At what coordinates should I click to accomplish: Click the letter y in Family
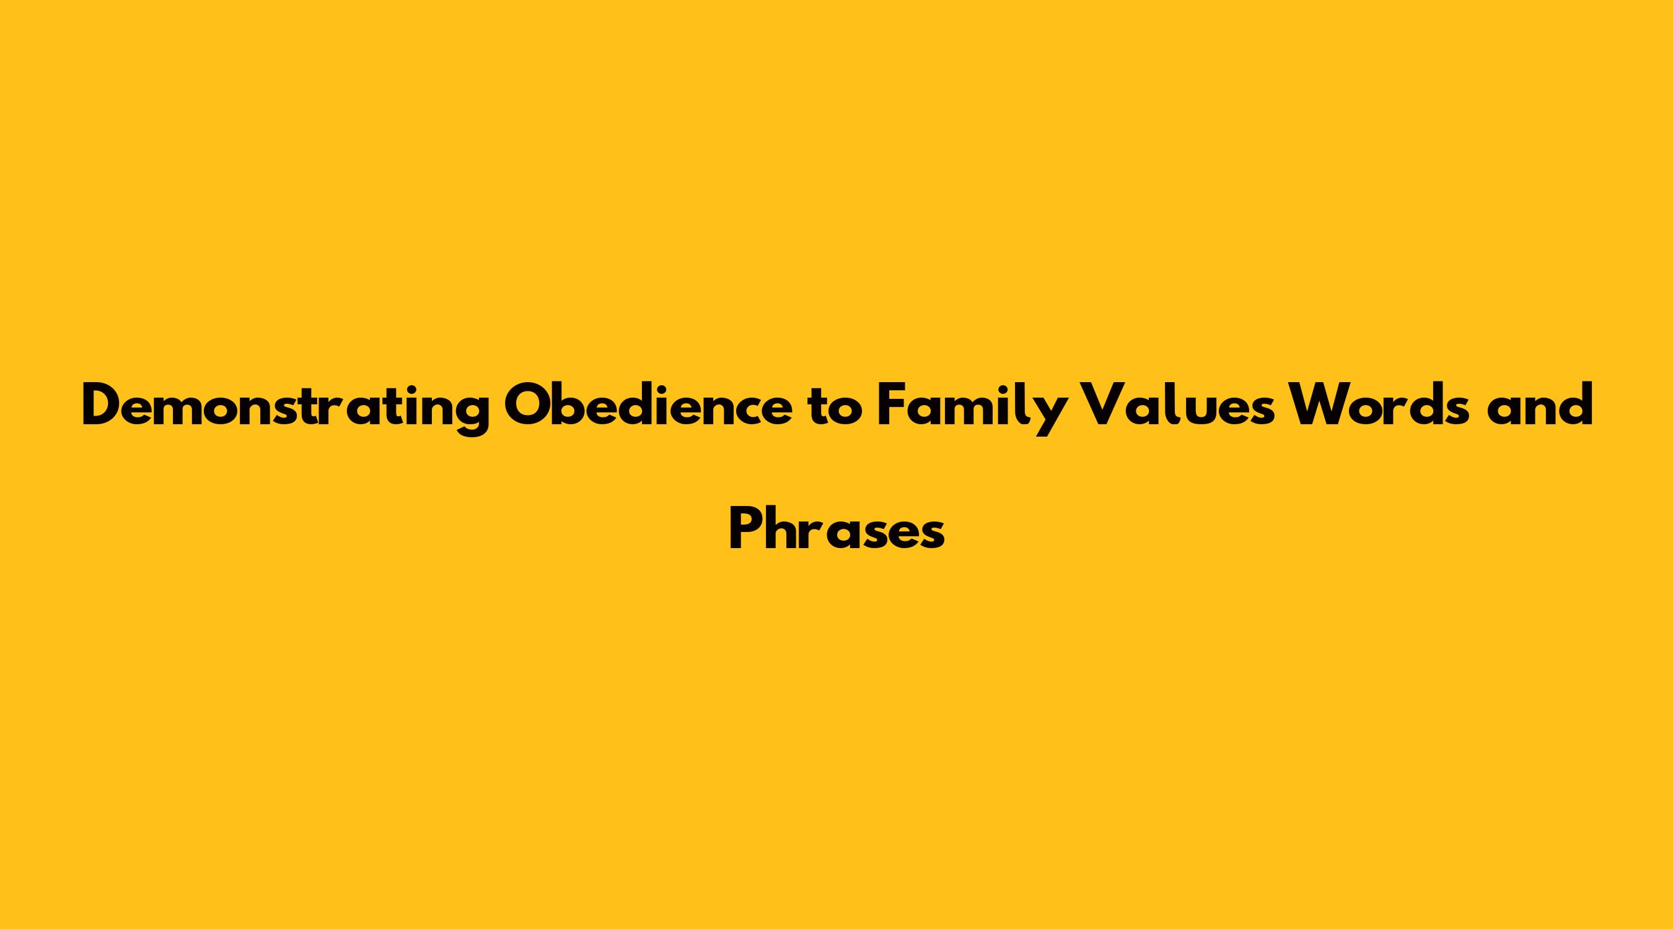[x=1048, y=416]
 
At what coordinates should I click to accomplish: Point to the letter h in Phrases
[x=783, y=529]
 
